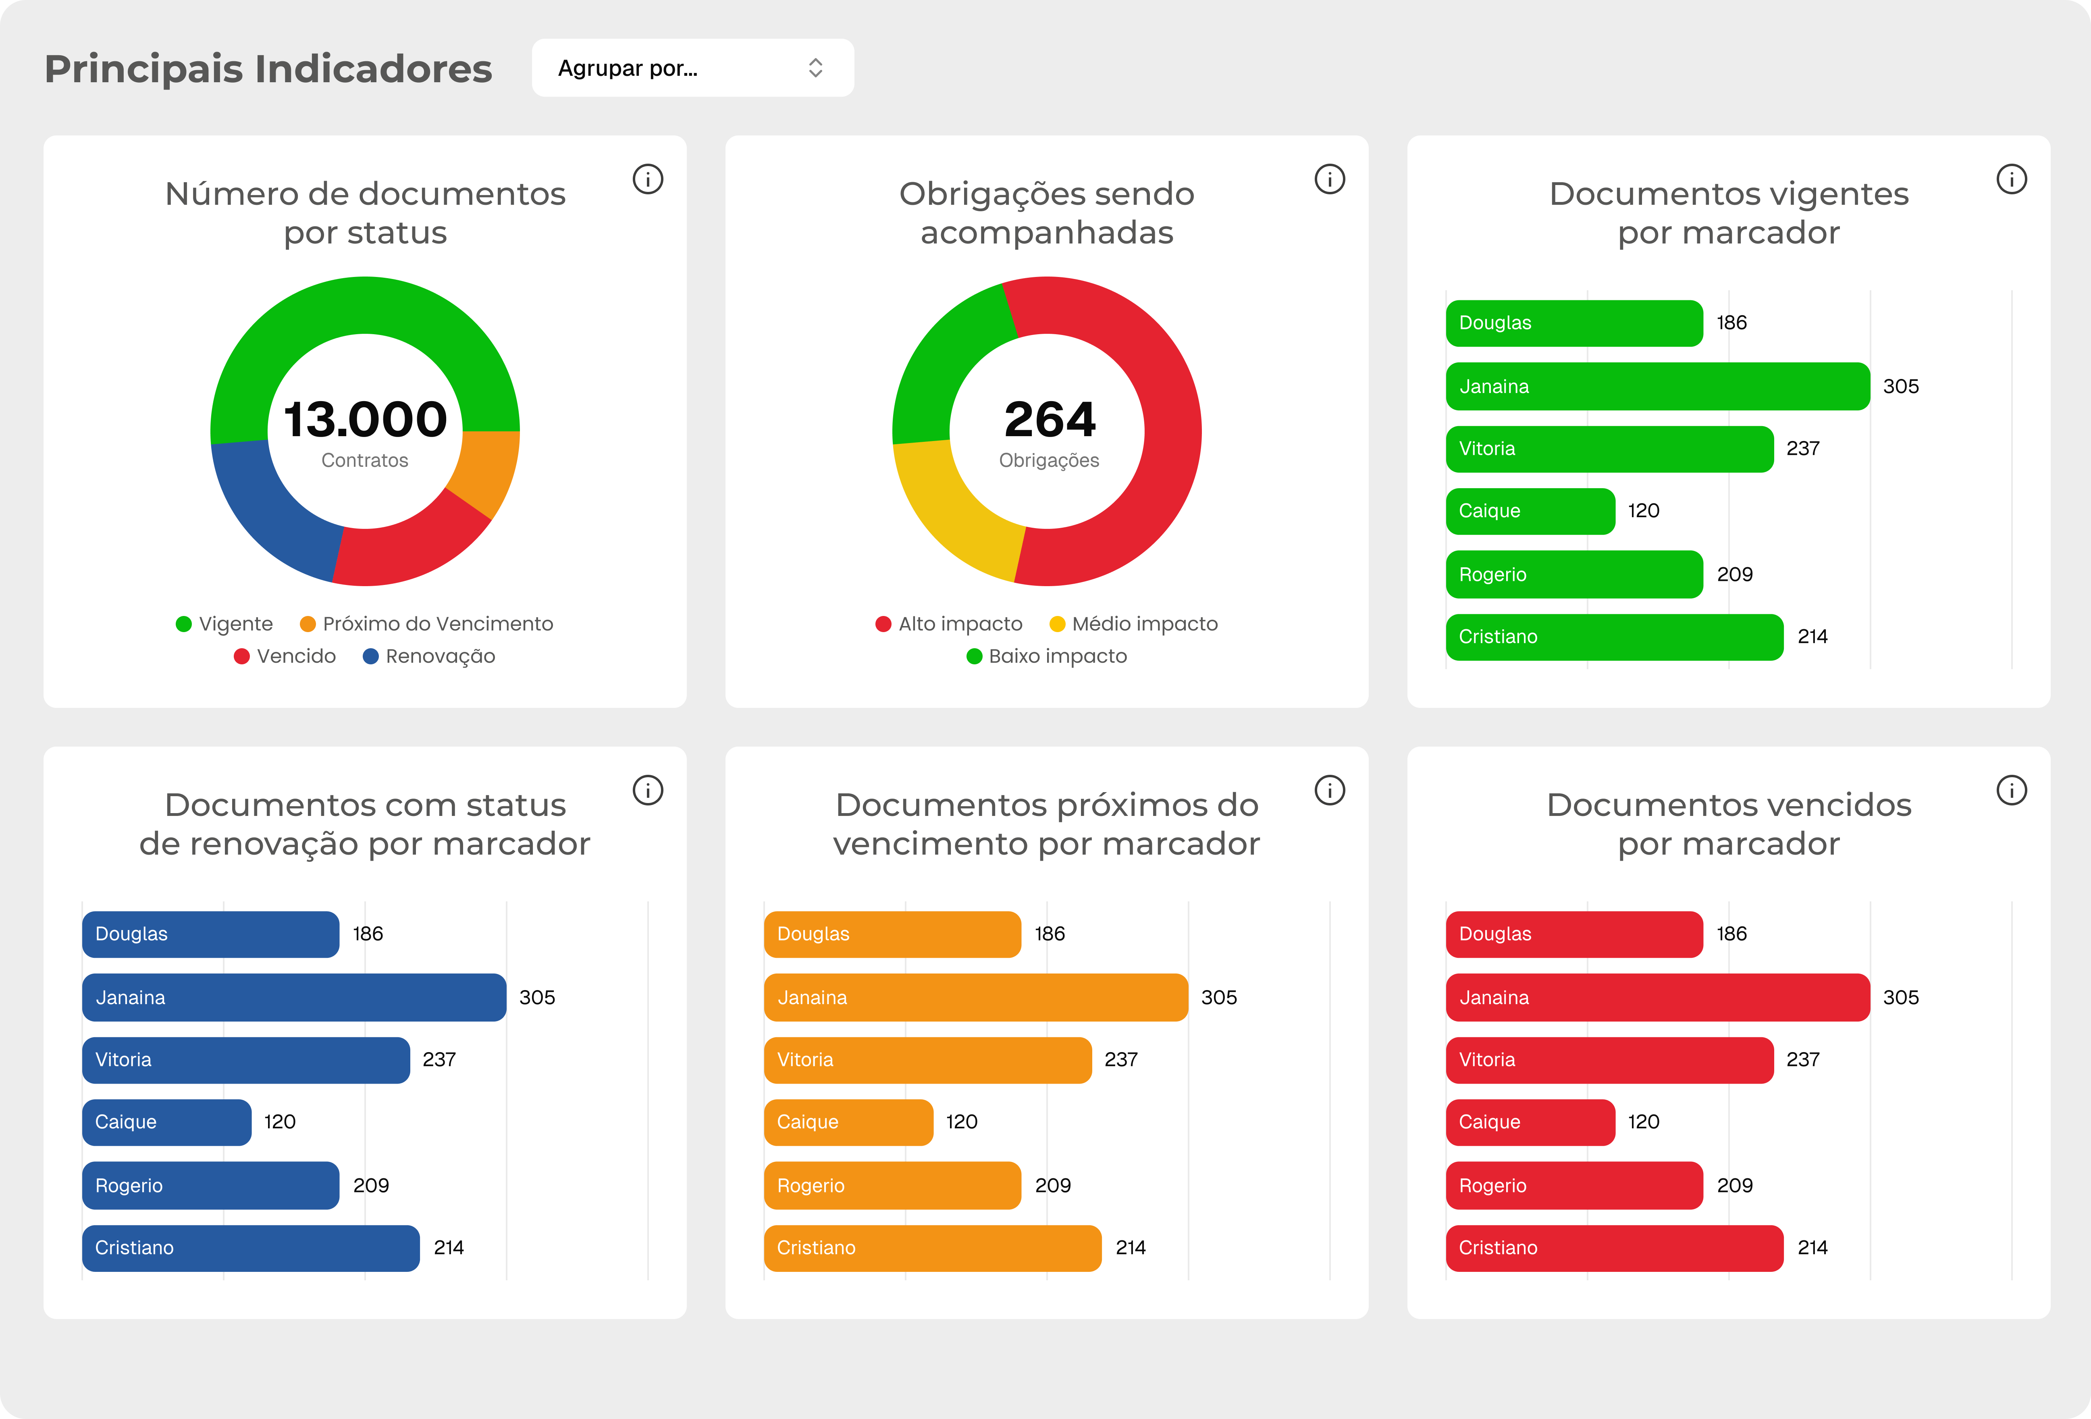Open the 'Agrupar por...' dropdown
692,69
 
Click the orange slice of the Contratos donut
486,472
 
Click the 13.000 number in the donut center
365,419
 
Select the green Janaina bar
1657,386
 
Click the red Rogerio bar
1573,1185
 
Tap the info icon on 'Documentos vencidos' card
2011,790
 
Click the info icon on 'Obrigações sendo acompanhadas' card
1329,179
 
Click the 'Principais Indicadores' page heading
268,69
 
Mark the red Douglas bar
1573,934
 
